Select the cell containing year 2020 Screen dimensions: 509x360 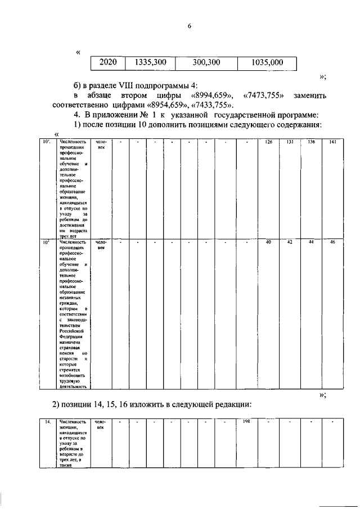click(108, 62)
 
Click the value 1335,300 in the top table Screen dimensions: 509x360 click(149, 62)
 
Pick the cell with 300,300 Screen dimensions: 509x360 click(206, 62)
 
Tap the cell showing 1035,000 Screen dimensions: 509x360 click(267, 62)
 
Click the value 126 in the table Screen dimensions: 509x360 click(269, 142)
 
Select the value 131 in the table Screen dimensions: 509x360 click(290, 142)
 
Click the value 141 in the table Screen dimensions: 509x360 click(332, 142)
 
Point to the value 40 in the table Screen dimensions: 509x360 click(269, 242)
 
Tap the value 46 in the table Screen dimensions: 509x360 click(332, 242)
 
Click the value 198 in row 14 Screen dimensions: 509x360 click(246, 421)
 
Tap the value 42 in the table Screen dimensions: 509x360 click(290, 242)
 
